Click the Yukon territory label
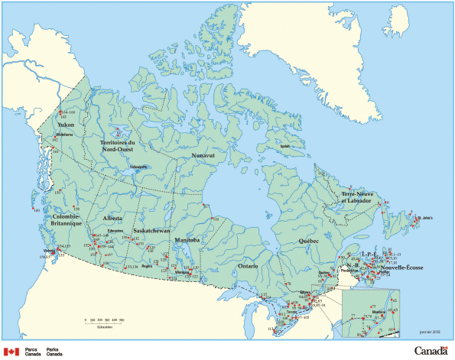click(x=62, y=125)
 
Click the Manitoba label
click(x=185, y=240)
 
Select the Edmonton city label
click(x=115, y=231)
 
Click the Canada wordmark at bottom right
click(x=433, y=351)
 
